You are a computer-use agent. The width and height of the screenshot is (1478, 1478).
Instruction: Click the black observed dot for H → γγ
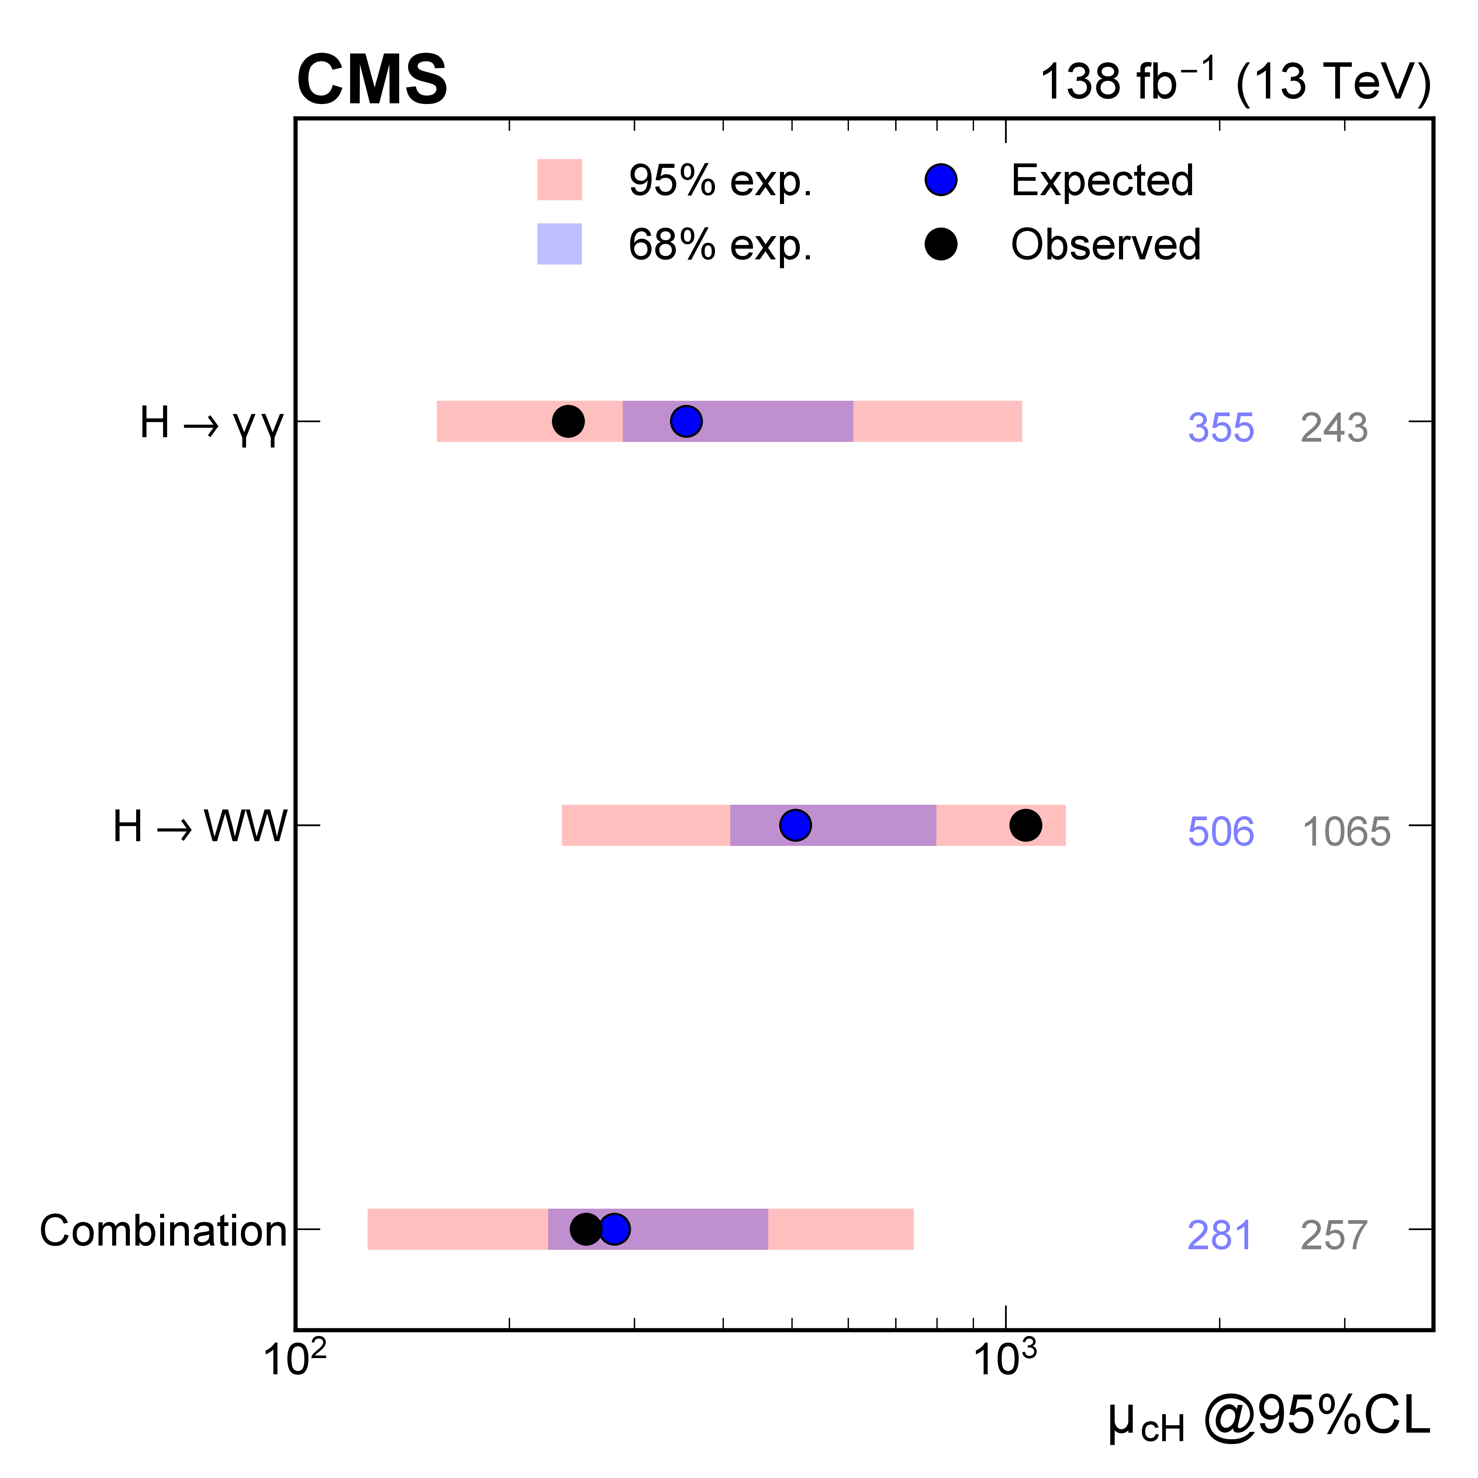pos(568,421)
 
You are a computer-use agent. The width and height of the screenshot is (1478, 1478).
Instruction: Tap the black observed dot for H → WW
pos(1025,825)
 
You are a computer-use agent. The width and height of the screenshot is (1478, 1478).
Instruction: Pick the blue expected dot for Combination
pos(614,1229)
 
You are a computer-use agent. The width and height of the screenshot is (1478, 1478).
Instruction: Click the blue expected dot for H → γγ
pos(686,421)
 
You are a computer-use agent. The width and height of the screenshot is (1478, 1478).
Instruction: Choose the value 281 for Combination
pos(1219,1236)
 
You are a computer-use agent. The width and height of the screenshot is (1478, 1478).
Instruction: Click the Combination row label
pos(163,1231)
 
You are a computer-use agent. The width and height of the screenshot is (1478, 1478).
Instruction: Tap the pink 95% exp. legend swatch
pos(559,180)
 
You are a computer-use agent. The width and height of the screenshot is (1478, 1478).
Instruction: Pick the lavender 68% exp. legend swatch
pos(559,244)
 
